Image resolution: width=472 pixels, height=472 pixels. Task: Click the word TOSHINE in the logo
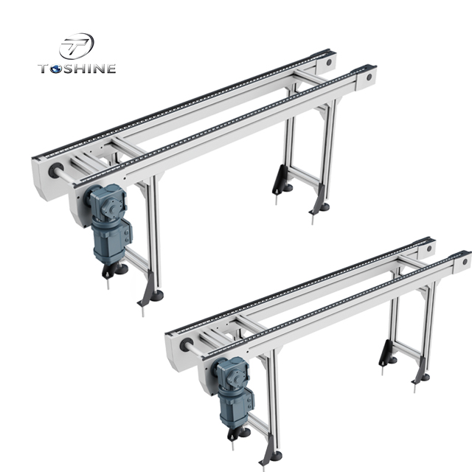[x=77, y=69]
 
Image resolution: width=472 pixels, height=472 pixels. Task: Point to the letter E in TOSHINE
[x=111, y=69]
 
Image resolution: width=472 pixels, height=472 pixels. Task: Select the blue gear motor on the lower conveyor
[x=235, y=383]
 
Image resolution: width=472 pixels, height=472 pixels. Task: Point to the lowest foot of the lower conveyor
[x=271, y=463]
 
